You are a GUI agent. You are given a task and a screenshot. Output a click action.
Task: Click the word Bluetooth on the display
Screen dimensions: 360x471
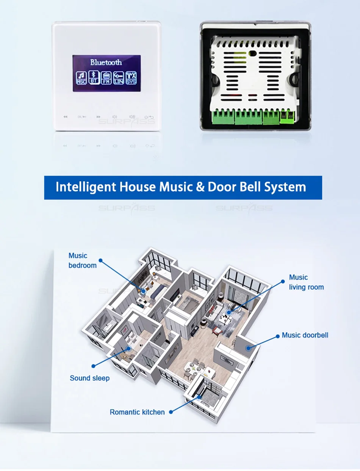(x=106, y=62)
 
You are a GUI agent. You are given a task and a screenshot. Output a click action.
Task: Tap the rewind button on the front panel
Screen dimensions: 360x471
(x=65, y=117)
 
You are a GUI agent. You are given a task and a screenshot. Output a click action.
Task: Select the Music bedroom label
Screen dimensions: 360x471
(x=82, y=261)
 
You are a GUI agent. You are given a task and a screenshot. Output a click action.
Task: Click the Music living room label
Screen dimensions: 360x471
(x=306, y=282)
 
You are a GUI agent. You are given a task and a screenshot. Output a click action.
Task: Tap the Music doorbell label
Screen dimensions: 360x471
(x=305, y=335)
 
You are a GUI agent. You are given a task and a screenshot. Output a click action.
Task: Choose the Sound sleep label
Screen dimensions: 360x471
(x=89, y=378)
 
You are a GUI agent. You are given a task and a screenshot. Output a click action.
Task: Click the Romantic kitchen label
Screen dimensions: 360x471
(x=137, y=412)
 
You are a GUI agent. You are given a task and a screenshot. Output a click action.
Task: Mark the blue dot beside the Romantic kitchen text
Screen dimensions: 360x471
(x=171, y=412)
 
